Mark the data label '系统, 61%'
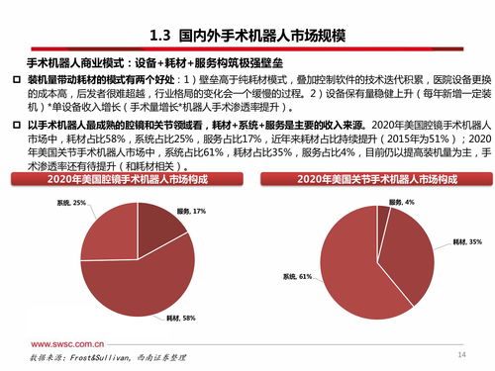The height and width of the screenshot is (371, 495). click(x=298, y=276)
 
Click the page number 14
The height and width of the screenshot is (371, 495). click(x=460, y=353)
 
